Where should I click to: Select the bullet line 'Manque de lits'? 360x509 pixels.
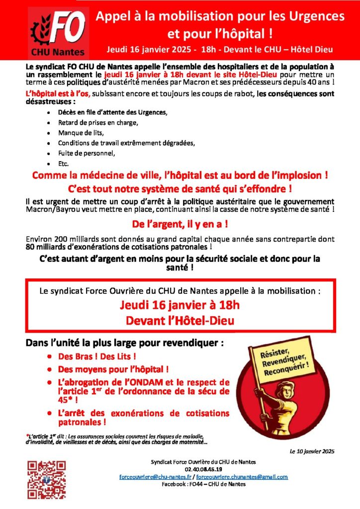(x=81, y=133)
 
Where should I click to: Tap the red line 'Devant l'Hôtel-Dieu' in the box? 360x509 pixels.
(x=180, y=321)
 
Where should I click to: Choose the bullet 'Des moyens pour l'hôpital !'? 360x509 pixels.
(x=113, y=369)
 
